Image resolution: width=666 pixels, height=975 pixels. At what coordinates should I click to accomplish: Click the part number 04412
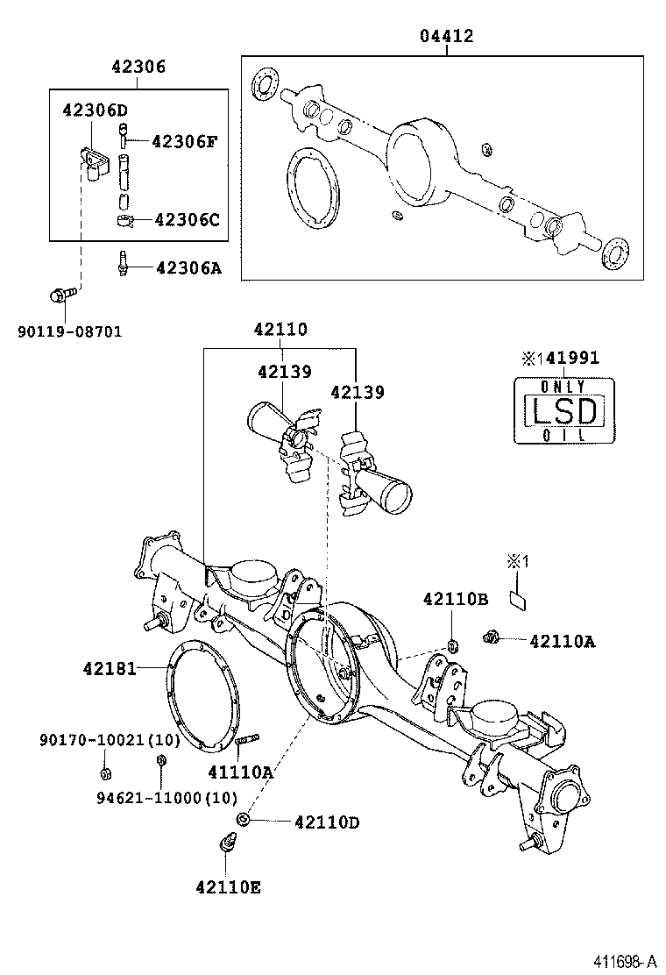(x=446, y=36)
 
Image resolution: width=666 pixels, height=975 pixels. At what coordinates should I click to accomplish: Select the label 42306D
(x=95, y=110)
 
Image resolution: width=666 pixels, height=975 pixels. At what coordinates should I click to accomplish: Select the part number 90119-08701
(x=69, y=331)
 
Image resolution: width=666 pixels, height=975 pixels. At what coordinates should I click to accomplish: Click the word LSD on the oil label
(x=562, y=410)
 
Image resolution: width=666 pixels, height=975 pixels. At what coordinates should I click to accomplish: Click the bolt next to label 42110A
(x=492, y=637)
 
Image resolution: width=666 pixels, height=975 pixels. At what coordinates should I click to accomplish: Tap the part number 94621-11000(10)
(x=166, y=796)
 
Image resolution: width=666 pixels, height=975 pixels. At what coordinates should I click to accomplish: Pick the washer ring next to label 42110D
(x=244, y=819)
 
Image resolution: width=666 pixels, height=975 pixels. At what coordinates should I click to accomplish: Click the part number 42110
(x=280, y=330)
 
